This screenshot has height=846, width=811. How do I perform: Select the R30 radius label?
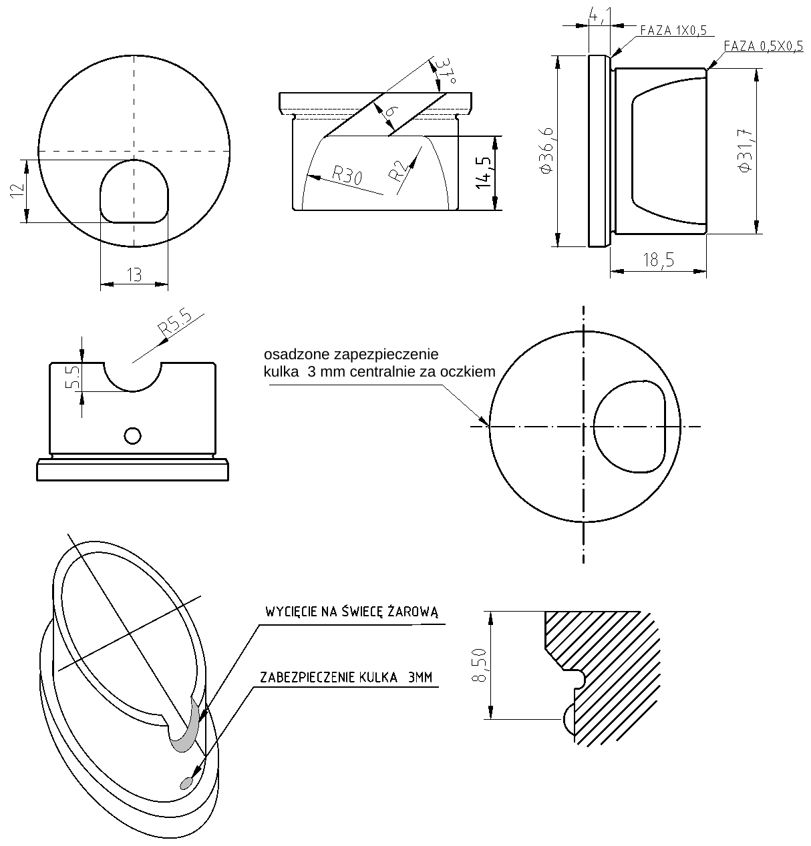347,175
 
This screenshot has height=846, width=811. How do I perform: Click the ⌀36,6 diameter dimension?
546,151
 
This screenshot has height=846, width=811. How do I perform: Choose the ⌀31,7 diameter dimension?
745,150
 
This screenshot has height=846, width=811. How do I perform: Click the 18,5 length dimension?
659,260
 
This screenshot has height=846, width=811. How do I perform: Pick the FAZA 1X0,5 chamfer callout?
673,30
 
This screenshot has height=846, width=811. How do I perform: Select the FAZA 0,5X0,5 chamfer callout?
764,46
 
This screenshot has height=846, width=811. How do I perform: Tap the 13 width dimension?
134,274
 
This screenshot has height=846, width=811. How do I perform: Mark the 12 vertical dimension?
17,190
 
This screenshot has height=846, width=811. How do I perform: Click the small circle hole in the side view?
132,435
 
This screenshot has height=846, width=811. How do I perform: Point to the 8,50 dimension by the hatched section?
480,666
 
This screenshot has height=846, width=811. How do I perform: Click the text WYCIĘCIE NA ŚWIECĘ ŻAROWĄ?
352,612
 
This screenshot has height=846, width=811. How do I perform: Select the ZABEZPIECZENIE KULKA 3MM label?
346,677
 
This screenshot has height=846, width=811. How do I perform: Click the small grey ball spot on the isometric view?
186,783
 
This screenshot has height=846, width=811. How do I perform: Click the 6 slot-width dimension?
391,111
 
